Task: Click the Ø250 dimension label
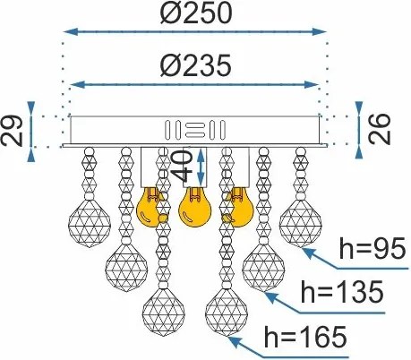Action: pos(196,13)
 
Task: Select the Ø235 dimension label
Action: pos(196,65)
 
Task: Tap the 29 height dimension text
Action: pos(12,131)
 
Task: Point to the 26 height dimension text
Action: pos(380,129)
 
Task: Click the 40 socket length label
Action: pos(184,166)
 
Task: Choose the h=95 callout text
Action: pos(372,249)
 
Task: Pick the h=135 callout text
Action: pos(342,292)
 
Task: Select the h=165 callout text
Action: pos(305,337)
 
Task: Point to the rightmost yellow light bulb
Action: pos(239,208)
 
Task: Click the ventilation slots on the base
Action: pos(195,130)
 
